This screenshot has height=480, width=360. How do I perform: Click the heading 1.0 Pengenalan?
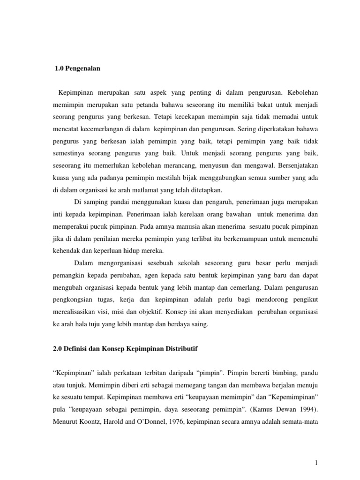(78, 68)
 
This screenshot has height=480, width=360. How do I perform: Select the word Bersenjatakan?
(295, 165)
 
